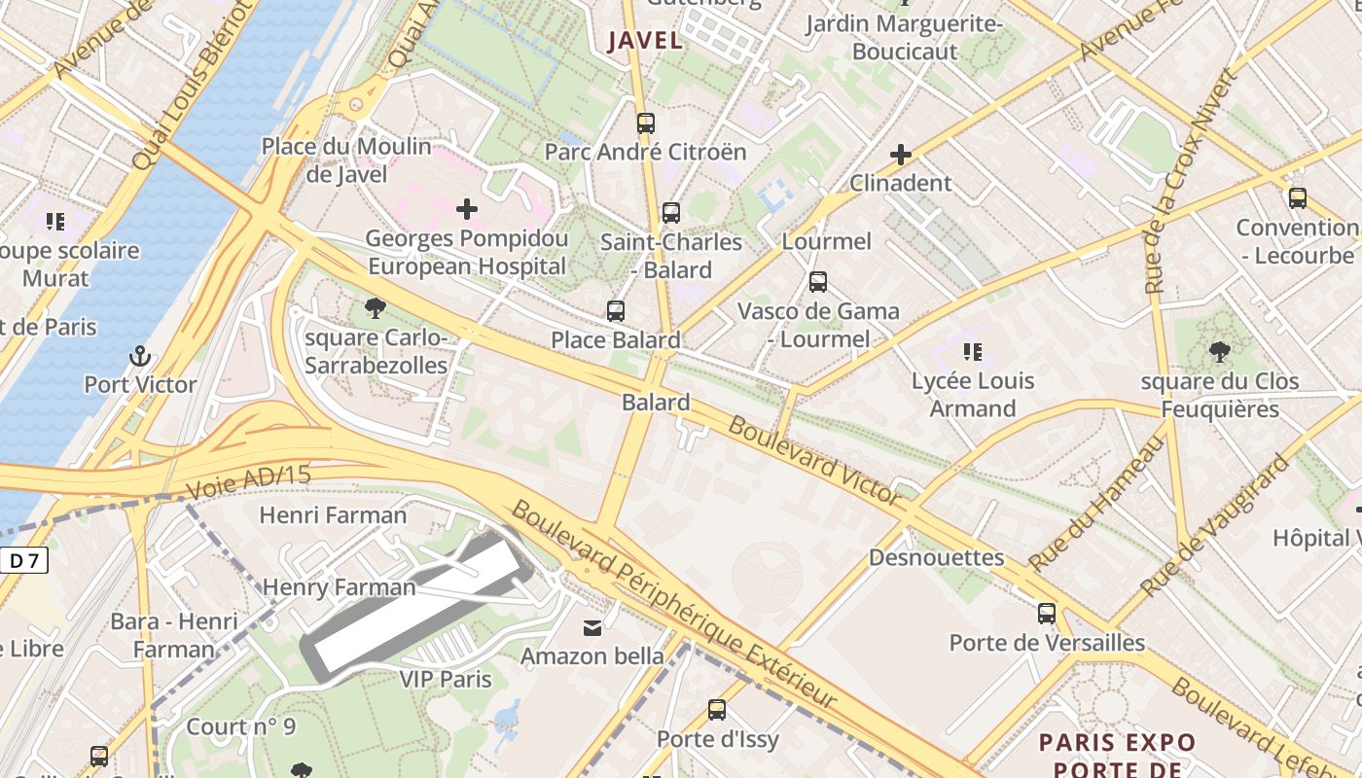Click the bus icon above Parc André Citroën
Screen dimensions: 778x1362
[x=646, y=124]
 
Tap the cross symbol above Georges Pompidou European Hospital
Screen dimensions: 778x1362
[x=467, y=208]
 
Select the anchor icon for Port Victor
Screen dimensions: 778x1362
[x=140, y=356]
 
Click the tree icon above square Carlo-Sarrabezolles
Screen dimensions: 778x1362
[x=375, y=309]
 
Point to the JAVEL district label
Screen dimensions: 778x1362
[x=645, y=41]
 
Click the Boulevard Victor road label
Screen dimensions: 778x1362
[x=815, y=460]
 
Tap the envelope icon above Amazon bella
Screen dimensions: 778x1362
[x=592, y=627]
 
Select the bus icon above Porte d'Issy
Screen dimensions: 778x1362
[x=717, y=710]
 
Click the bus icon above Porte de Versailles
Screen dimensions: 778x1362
[x=1047, y=614]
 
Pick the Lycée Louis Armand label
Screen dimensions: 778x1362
[x=973, y=394]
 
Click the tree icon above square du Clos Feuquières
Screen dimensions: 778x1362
[x=1219, y=352]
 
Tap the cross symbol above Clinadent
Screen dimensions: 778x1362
[x=901, y=155]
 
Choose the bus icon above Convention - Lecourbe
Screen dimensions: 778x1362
[x=1297, y=198]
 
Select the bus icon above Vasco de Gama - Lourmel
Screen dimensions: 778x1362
[x=818, y=282]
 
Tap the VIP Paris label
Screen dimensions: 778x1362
[x=446, y=678]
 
